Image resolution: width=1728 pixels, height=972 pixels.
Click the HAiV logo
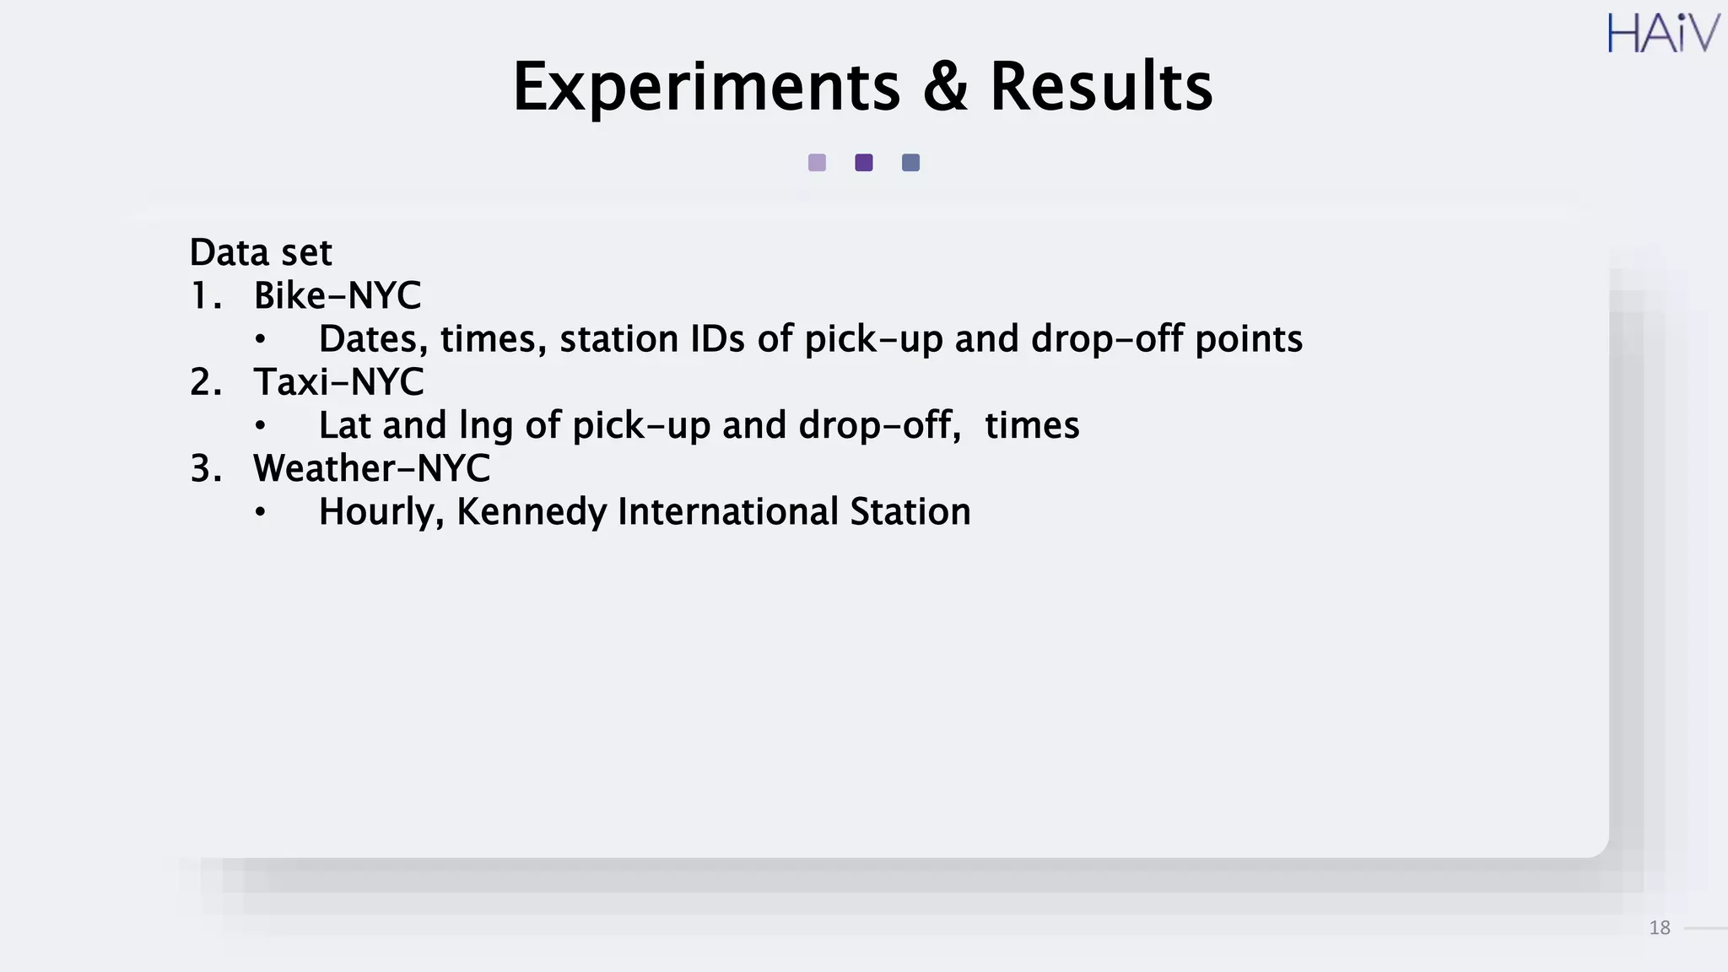[1662, 34]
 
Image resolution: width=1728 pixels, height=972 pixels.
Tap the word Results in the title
[1101, 87]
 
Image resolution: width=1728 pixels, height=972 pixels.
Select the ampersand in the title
[945, 87]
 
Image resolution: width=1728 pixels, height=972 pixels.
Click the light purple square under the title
[817, 163]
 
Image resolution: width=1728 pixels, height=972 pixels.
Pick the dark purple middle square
[864, 163]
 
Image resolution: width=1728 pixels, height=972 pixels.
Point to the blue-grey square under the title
[910, 163]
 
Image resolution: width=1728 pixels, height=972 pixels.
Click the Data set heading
[261, 252]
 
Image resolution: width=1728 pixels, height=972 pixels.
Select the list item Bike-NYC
[337, 296]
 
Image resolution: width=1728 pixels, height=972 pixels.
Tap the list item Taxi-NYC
[338, 382]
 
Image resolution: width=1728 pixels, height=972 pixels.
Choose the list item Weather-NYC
[371, 468]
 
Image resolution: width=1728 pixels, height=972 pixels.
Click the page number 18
[1659, 928]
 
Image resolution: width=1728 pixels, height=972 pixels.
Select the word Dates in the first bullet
[373, 339]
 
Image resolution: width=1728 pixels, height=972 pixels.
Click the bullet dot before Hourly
[261, 512]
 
